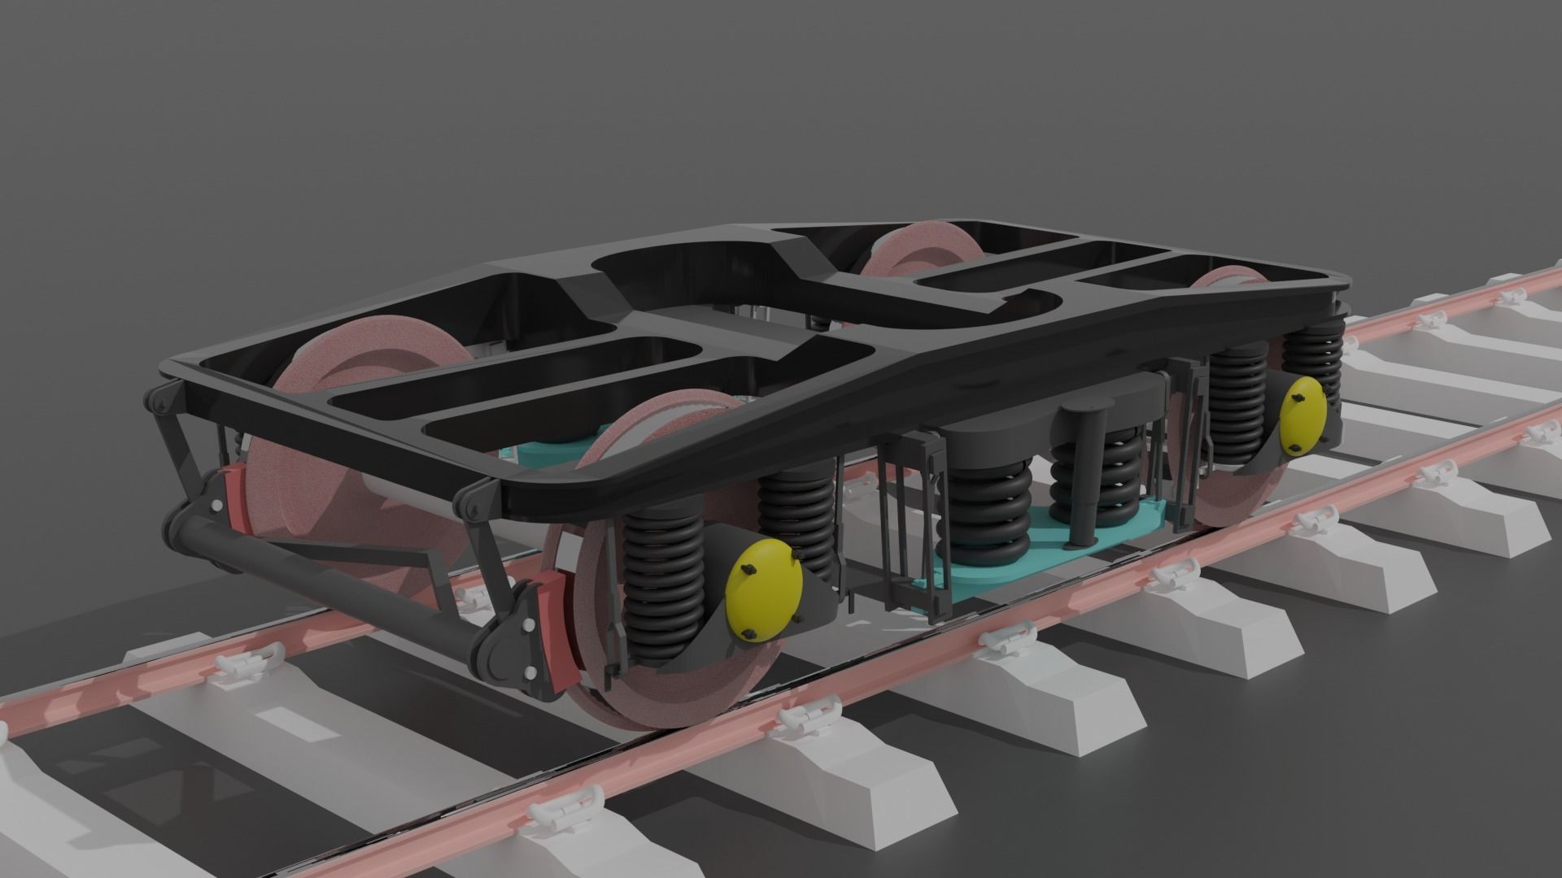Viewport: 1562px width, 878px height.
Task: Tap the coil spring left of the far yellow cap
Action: [1237, 406]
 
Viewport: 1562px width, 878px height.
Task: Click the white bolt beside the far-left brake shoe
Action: [216, 506]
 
